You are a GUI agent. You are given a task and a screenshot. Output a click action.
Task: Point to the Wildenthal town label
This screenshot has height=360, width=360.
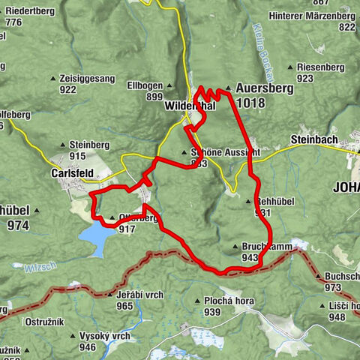pos(190,106)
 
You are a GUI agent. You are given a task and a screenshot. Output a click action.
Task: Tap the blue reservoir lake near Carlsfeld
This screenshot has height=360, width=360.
pos(97,238)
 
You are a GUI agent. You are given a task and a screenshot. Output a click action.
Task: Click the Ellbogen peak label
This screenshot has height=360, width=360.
pos(145,85)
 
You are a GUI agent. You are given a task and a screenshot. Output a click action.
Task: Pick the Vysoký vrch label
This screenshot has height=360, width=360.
pos(105,335)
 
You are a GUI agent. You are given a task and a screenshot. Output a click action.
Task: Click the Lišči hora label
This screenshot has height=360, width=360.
pos(337,306)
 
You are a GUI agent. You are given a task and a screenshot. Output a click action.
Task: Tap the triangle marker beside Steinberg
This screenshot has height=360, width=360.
pos(63,144)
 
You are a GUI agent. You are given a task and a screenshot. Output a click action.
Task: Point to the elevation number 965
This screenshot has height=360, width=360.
pos(124,306)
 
